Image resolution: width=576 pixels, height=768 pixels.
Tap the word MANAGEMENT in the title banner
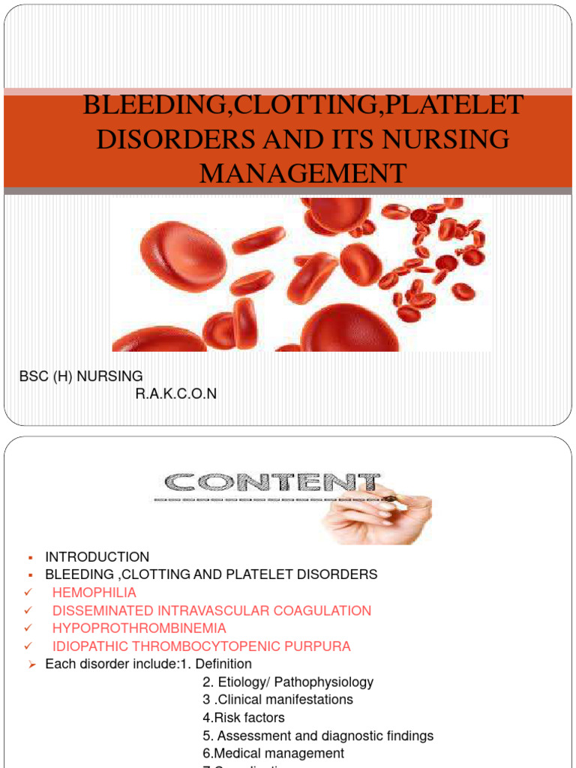[x=303, y=173]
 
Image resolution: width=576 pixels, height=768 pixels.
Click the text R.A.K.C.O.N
[x=175, y=394]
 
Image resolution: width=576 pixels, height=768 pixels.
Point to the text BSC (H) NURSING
[x=81, y=376]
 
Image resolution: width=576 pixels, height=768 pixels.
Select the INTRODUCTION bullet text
[x=97, y=557]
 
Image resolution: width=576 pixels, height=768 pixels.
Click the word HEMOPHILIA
[x=94, y=593]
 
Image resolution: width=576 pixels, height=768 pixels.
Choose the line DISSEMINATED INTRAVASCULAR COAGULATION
[x=211, y=611]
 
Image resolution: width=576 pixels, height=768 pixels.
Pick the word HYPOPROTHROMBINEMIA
[x=139, y=628]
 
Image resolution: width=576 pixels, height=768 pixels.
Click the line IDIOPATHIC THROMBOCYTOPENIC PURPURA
[x=201, y=646]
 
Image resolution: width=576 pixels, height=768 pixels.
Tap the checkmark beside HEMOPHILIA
[x=28, y=593]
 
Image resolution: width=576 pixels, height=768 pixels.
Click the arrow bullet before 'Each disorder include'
[x=31, y=664]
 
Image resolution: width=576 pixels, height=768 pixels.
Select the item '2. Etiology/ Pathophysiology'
[x=288, y=682]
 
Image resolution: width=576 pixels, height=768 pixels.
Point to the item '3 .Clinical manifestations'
[x=277, y=700]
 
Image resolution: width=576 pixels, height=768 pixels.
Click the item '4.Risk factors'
[x=244, y=718]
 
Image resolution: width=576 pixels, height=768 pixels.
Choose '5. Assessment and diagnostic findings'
[x=318, y=736]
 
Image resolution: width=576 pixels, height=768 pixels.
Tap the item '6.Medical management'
[x=273, y=754]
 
